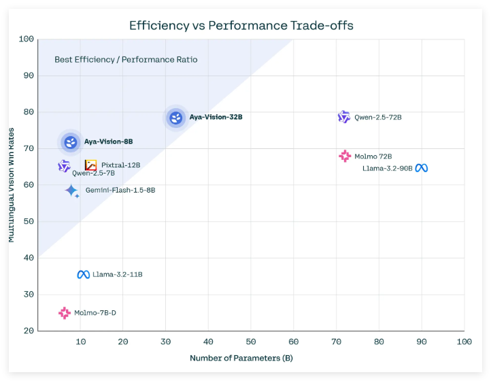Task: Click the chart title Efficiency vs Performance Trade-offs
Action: click(x=241, y=26)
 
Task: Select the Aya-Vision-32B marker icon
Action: click(x=176, y=118)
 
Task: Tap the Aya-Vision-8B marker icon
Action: click(x=71, y=142)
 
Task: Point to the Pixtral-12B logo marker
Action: click(x=90, y=165)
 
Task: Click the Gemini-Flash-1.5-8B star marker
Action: click(x=71, y=190)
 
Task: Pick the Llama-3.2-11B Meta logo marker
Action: click(x=83, y=275)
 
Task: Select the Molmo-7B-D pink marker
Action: click(x=65, y=313)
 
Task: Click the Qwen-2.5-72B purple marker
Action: click(x=344, y=117)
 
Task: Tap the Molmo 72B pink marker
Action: click(x=345, y=156)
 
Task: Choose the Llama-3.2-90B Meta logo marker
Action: click(x=422, y=168)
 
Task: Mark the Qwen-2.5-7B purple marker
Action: click(x=64, y=166)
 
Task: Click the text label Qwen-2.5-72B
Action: click(x=378, y=118)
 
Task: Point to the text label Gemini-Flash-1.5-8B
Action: click(x=120, y=190)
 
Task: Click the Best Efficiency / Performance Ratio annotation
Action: click(x=126, y=60)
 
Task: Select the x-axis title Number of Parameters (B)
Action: click(x=241, y=358)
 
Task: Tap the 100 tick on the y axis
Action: click(x=27, y=39)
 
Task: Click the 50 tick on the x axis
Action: click(x=251, y=341)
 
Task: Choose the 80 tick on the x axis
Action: click(x=379, y=341)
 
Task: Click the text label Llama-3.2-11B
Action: click(x=118, y=275)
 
